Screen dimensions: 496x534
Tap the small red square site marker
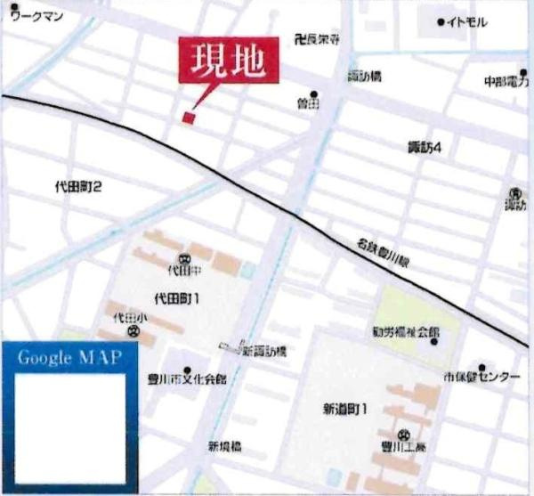[x=188, y=117]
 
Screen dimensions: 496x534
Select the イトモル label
[x=467, y=20]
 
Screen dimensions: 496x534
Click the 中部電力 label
[x=506, y=80]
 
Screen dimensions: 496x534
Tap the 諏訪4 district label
[x=425, y=147]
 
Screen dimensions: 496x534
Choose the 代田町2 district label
[x=78, y=187]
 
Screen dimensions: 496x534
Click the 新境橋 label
[x=226, y=446]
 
